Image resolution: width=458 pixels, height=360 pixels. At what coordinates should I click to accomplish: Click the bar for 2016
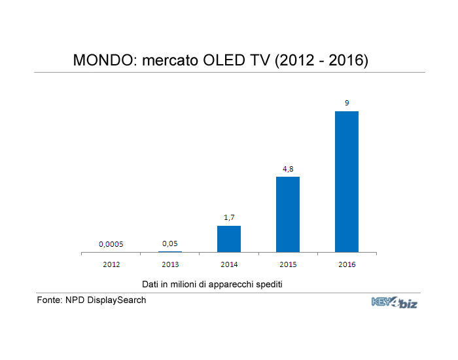(x=347, y=181)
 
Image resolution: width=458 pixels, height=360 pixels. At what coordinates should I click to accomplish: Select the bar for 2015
(x=288, y=214)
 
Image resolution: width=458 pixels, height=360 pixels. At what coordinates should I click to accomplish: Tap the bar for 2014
(x=229, y=238)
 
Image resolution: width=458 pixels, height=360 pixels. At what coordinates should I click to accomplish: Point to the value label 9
(x=347, y=103)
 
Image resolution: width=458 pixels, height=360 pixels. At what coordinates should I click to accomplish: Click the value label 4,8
(x=288, y=169)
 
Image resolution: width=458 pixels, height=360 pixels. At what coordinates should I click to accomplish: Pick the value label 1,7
(x=229, y=217)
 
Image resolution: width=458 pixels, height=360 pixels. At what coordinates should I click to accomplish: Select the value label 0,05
(x=170, y=243)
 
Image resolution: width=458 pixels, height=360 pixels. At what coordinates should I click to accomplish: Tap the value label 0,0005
(x=111, y=244)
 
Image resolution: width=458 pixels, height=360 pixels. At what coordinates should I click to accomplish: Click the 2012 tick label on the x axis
(x=111, y=264)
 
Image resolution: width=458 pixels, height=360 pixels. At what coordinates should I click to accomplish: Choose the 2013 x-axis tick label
(x=170, y=264)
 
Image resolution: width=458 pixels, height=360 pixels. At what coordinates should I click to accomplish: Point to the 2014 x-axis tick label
(x=229, y=264)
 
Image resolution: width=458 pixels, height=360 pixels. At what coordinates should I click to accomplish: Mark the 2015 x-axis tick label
(x=288, y=264)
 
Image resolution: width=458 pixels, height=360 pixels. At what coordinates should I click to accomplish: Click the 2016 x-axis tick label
(x=347, y=264)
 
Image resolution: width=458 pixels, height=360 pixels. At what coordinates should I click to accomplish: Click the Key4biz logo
(x=394, y=302)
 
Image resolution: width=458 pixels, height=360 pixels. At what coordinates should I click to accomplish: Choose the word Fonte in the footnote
(x=49, y=300)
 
